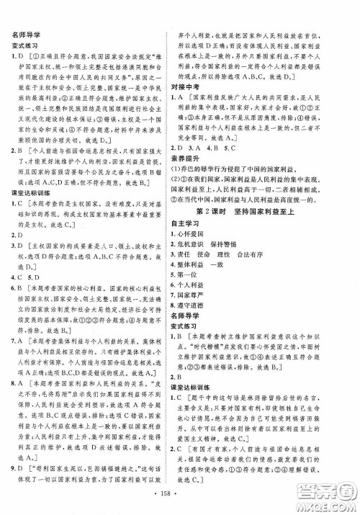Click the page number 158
(180, 499)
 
